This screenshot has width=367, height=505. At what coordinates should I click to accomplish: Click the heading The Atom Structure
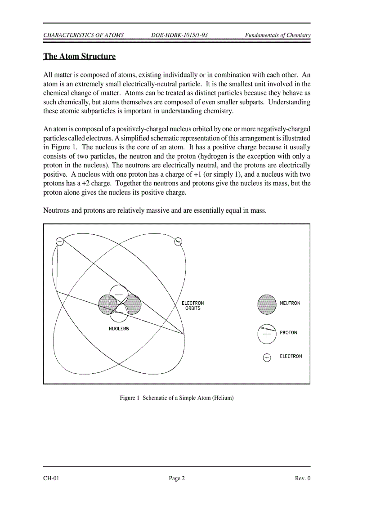[79, 57]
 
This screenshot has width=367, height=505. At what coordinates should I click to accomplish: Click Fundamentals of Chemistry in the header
[277, 35]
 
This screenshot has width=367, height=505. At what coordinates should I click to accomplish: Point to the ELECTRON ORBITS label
[192, 306]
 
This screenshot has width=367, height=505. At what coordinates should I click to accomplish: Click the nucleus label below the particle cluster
[119, 329]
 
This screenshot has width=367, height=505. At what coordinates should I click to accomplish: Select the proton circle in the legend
[266, 334]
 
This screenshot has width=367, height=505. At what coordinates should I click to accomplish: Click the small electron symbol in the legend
[267, 358]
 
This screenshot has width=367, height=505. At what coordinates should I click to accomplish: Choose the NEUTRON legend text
[290, 303]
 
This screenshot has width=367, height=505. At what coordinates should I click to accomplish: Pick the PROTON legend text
[288, 333]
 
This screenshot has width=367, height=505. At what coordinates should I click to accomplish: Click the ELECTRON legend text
[291, 356]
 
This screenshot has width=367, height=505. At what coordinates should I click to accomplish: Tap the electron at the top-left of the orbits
[59, 241]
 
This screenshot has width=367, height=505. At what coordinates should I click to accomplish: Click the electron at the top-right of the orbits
[178, 241]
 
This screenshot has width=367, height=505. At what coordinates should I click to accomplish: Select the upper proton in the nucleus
[119, 294]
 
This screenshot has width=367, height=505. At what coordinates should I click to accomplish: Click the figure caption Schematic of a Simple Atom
[177, 398]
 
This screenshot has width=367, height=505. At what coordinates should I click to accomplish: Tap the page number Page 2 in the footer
[177, 478]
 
